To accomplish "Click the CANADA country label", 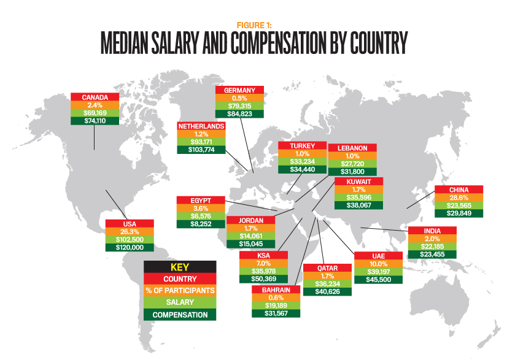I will pos(95,97).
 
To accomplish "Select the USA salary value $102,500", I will pos(130,239).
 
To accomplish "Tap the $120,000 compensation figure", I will pos(130,247).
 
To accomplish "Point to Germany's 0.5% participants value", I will pos(239,98).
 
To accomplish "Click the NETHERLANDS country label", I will pos(201,126).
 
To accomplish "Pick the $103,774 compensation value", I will pos(201,150).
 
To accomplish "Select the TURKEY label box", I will pos(300,145).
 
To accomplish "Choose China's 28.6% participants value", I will pos(459,197).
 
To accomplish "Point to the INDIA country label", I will pos(432,231).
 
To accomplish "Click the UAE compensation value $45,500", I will pos(378,279).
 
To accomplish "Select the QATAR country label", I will pos(328,268).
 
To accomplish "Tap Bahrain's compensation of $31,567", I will pos(276,313).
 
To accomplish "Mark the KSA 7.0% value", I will pos(263,263).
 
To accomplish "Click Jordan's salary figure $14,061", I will pos(250,235).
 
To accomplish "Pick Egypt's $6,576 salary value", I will pos(201,216).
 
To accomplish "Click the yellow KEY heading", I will pos(180,267).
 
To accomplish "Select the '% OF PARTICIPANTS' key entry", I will pos(180,291).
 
